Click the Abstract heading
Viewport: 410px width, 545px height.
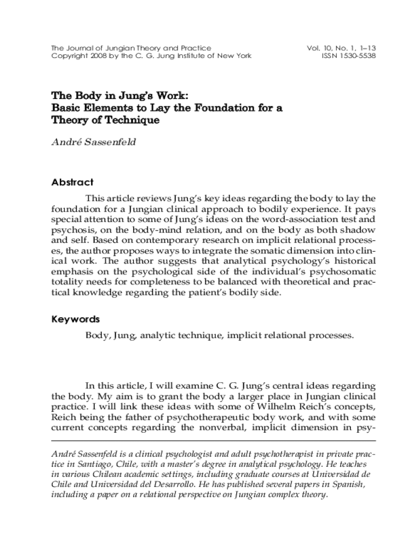[72, 182]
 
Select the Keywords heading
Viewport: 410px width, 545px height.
[75, 319]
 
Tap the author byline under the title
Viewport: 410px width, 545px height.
[93, 142]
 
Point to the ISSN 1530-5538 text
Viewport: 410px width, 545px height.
[349, 56]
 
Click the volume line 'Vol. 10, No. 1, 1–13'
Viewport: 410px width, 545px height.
[341, 48]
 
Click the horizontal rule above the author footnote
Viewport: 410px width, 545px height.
[213, 441]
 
